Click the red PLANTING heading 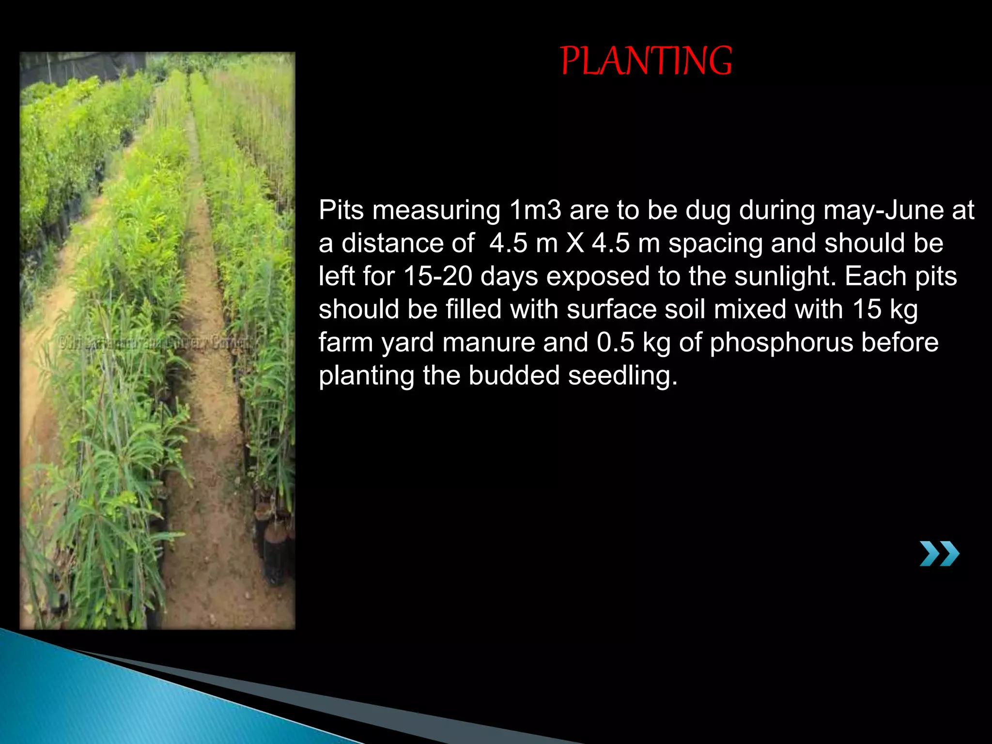coord(646,61)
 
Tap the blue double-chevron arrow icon coord(939,554)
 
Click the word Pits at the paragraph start coord(341,210)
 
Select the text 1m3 coord(535,210)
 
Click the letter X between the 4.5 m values coord(575,243)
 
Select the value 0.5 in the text coord(615,342)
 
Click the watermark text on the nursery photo coord(157,343)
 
